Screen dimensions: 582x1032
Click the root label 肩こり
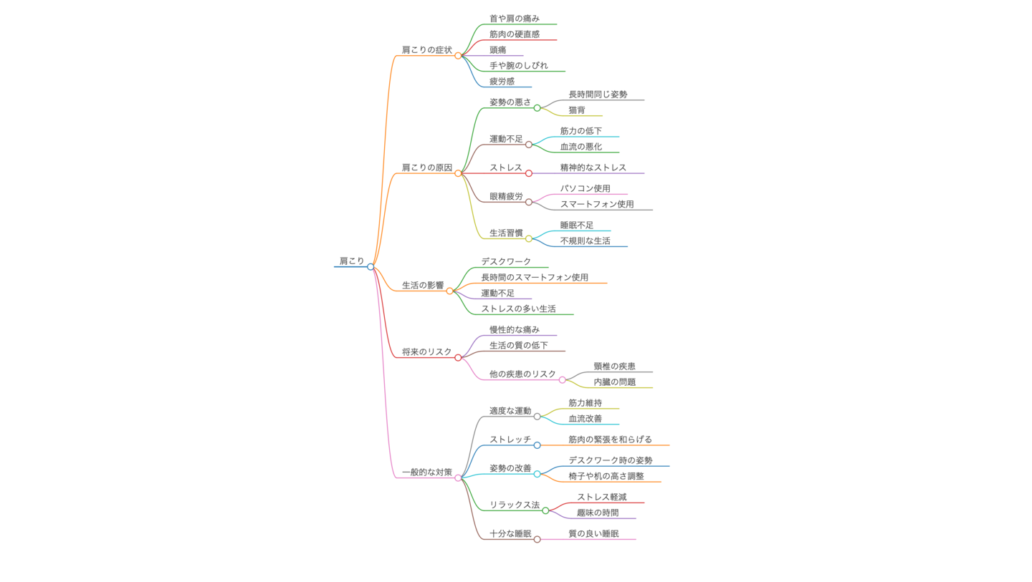point(352,261)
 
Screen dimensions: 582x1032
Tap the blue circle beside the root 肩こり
point(371,267)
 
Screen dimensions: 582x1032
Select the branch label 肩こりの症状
point(426,49)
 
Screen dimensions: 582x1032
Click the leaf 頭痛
point(498,49)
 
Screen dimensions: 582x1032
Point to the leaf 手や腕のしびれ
point(519,65)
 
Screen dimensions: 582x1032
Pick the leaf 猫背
point(577,110)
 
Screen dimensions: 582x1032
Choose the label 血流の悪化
point(581,146)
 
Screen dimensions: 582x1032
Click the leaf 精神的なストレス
point(593,168)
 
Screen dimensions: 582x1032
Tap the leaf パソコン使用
point(586,188)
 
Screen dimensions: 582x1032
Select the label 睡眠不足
point(577,225)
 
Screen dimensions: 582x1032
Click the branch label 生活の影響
point(423,285)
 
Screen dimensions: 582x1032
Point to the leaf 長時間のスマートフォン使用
point(535,277)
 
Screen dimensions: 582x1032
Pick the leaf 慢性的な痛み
point(515,329)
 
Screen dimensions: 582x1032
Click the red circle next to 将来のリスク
point(458,357)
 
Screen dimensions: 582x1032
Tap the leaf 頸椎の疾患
point(614,366)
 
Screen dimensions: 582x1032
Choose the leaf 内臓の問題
point(614,382)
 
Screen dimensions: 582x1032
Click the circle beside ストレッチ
point(537,445)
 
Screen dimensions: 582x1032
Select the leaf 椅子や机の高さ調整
point(606,475)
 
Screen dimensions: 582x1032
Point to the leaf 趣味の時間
point(598,513)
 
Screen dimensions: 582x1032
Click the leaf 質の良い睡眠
point(593,533)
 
